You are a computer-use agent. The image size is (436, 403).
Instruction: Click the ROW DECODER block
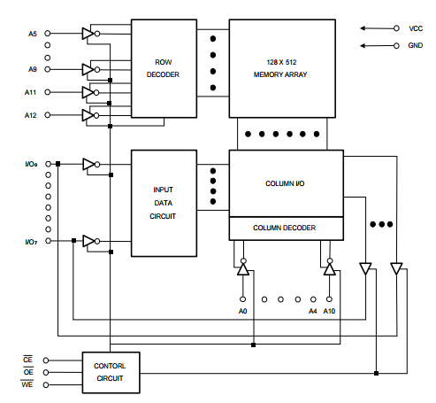(164, 68)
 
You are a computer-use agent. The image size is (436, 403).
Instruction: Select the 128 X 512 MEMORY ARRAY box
(282, 68)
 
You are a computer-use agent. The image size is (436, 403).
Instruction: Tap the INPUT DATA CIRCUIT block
(164, 203)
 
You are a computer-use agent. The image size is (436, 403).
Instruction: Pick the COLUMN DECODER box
(287, 229)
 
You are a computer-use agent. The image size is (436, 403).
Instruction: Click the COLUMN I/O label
(285, 183)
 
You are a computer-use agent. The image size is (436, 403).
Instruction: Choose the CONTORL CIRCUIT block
(111, 372)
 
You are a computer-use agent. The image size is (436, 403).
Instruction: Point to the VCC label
(416, 28)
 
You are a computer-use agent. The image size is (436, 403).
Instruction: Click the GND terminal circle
(396, 46)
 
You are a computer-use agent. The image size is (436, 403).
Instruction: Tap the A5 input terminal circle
(47, 34)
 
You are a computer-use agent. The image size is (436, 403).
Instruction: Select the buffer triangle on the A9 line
(88, 69)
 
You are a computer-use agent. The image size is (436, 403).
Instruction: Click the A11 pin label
(30, 92)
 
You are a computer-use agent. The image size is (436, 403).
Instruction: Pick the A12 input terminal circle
(47, 115)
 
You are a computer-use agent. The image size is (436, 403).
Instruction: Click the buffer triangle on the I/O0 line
(88, 164)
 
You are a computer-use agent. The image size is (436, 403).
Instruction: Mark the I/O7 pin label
(31, 242)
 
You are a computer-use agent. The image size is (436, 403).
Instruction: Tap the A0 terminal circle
(242, 299)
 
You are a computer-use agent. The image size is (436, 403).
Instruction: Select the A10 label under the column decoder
(329, 311)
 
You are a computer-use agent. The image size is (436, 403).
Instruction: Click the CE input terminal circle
(46, 360)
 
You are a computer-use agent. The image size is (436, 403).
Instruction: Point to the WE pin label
(27, 384)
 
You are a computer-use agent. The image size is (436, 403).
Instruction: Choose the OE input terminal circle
(46, 373)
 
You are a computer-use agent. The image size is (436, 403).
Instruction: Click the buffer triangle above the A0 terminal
(243, 270)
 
